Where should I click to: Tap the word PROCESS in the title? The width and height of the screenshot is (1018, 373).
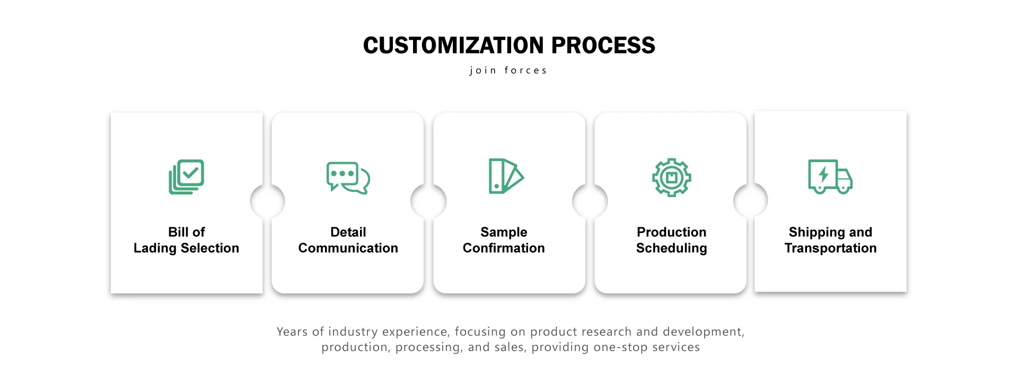(603, 46)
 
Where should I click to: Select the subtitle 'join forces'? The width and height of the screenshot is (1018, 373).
(508, 70)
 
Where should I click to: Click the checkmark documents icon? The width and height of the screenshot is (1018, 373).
(187, 177)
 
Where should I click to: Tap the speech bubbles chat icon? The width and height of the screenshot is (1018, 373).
(348, 177)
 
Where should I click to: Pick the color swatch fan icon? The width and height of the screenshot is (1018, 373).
(506, 176)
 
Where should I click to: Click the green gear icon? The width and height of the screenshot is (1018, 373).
(671, 177)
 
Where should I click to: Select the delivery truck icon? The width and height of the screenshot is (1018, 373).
(830, 176)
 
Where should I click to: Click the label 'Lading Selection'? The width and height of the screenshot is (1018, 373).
(186, 248)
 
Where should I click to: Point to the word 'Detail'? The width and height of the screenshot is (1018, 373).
(348, 232)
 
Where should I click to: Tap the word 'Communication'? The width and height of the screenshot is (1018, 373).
(348, 248)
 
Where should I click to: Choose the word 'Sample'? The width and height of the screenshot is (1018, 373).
(504, 233)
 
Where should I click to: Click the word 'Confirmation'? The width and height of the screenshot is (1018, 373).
(504, 248)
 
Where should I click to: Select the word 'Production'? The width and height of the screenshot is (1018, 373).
(671, 232)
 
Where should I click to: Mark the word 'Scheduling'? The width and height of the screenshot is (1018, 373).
(671, 248)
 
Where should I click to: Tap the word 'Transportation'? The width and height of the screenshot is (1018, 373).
(830, 248)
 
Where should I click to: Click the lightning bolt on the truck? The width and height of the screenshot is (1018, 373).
(823, 174)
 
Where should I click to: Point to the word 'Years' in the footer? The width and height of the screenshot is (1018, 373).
(292, 332)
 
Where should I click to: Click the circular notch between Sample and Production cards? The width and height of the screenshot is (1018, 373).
(590, 201)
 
